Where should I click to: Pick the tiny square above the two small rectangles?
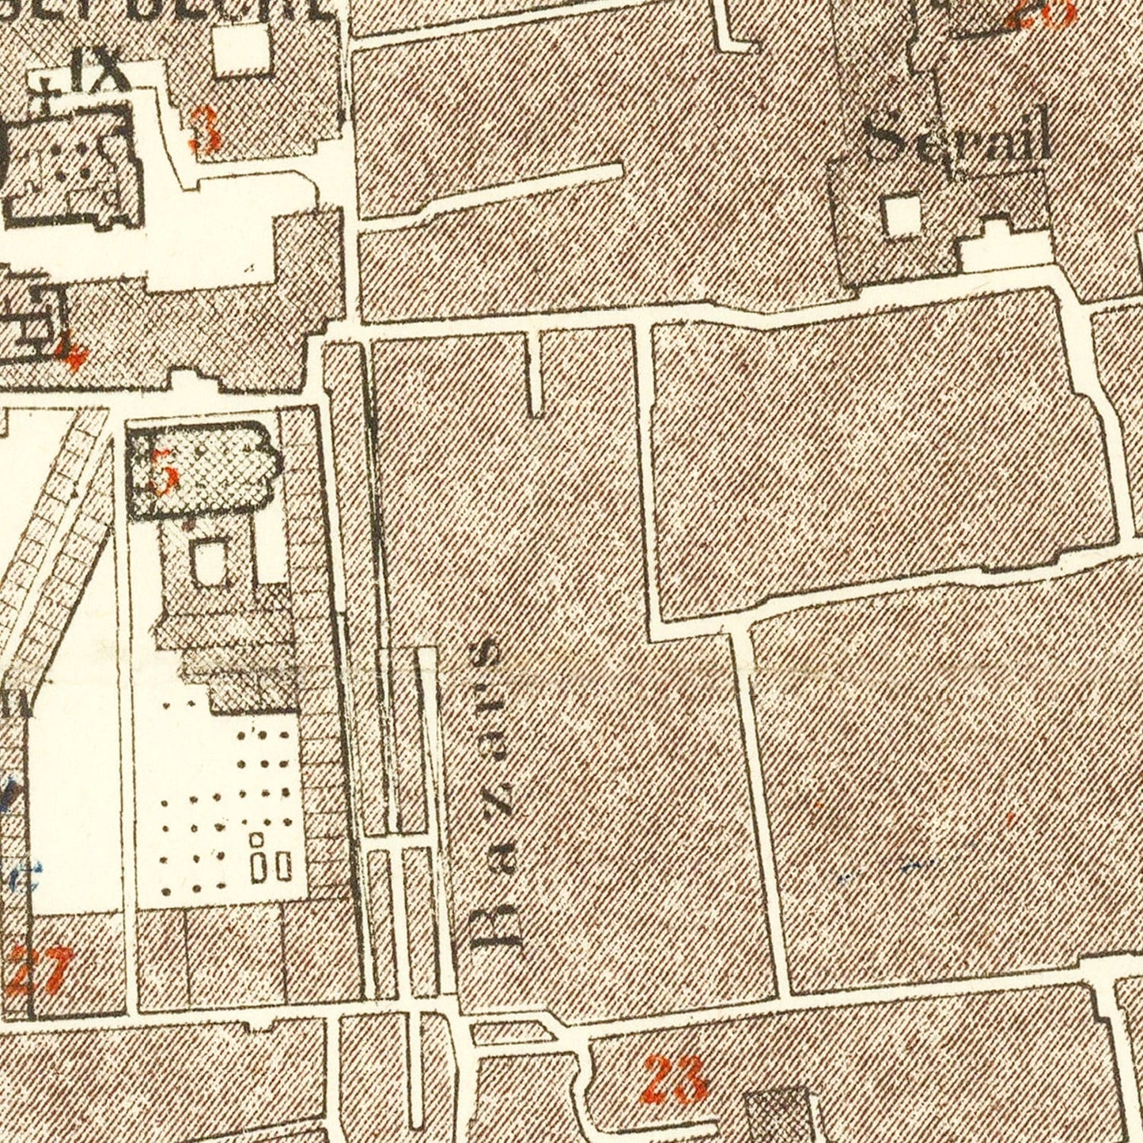[257, 840]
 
